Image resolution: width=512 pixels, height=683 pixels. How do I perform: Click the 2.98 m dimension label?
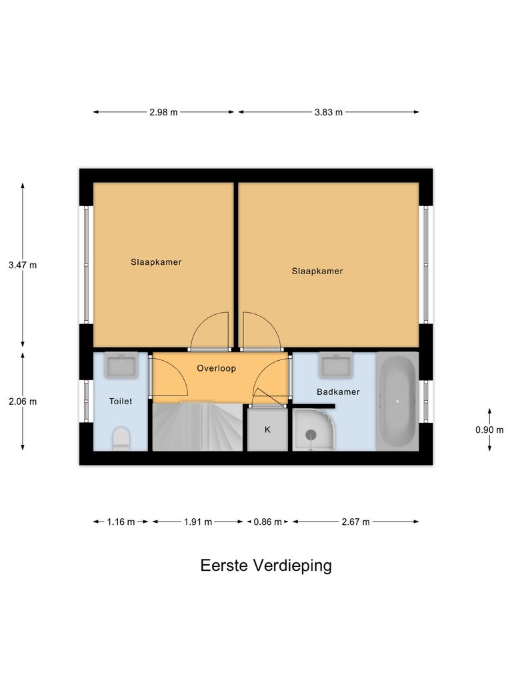tap(163, 112)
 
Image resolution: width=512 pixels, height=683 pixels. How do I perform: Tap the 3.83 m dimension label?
tap(329, 112)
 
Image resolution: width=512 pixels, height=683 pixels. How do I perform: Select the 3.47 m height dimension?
tap(23, 265)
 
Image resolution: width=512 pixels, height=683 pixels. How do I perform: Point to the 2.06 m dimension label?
tap(23, 402)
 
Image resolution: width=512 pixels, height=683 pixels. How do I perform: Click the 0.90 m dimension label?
tap(489, 430)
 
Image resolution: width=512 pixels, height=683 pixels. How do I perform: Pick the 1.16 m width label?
tap(121, 522)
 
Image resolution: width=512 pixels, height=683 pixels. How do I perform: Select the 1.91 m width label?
tap(198, 522)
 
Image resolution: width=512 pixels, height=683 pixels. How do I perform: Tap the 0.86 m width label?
tap(267, 522)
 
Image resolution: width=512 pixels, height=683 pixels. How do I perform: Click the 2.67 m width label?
tap(355, 522)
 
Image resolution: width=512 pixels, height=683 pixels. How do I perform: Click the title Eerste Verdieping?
tap(266, 566)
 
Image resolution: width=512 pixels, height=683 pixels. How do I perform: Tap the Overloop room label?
tap(216, 368)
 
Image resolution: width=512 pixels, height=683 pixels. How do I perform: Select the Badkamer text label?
tap(338, 392)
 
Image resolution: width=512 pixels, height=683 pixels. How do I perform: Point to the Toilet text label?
tap(121, 402)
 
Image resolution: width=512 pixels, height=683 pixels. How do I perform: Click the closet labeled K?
tap(267, 429)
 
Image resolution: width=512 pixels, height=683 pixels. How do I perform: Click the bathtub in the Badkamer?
tap(398, 402)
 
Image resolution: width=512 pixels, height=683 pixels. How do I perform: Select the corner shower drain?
tap(311, 434)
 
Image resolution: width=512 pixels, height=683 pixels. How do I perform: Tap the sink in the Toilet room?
tap(121, 365)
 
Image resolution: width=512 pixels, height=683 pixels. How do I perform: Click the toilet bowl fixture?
tap(121, 440)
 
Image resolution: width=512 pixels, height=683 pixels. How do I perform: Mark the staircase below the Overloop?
tap(198, 427)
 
